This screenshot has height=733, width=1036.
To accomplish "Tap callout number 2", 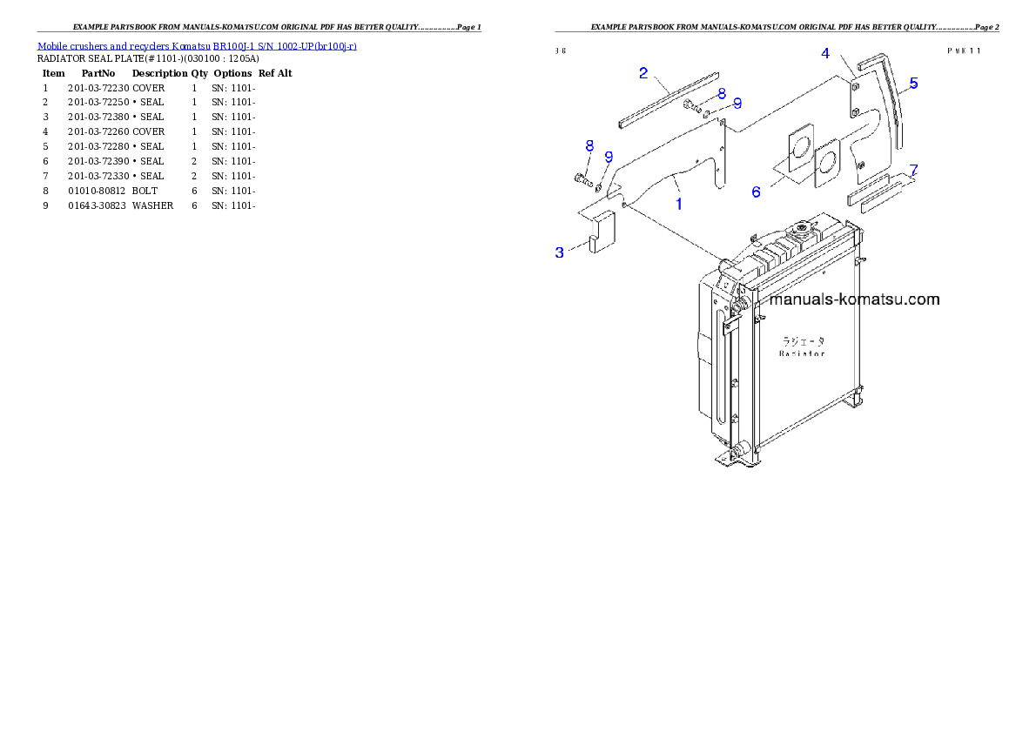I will coord(643,73).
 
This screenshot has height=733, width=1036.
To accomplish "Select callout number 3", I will coord(560,252).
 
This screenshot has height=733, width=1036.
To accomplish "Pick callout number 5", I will coord(913,84).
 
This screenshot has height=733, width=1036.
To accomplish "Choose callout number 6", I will coord(756,192).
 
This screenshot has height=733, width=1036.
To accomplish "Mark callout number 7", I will coord(913,169).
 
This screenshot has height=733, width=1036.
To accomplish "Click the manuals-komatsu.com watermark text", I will coord(855,299).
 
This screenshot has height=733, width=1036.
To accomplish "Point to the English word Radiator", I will coord(802,353).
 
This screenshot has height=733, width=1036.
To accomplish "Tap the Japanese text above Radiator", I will coord(803,341).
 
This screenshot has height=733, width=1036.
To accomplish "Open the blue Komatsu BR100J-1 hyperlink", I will coord(197,46).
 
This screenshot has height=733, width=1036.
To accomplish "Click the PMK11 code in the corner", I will coord(964,50).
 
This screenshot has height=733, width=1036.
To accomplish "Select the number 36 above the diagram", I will coord(561,50).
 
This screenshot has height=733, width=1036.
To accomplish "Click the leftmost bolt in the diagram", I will coord(582,179).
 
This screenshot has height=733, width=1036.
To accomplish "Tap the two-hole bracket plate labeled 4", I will coord(855,98).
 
